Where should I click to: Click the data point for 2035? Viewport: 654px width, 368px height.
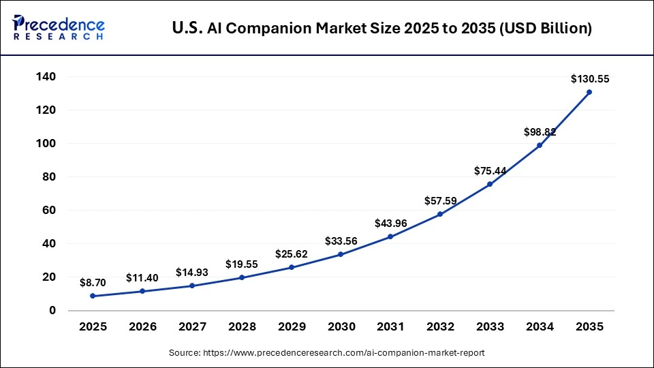click(589, 92)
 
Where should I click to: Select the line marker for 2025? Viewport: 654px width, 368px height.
click(93, 296)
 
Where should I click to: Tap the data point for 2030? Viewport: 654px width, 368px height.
click(341, 254)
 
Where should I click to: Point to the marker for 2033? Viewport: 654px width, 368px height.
click(490, 184)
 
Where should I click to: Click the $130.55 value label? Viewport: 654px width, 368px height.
click(590, 79)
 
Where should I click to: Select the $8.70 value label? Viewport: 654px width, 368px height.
click(93, 281)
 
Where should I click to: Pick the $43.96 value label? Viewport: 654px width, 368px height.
click(390, 223)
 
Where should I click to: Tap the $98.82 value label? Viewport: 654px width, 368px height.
click(540, 132)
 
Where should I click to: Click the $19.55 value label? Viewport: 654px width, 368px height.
click(242, 264)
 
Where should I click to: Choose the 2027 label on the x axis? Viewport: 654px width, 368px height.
click(192, 327)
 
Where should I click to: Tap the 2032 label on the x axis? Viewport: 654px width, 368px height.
click(440, 327)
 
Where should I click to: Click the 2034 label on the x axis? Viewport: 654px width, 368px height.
click(540, 327)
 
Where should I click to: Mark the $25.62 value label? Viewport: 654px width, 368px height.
click(292, 254)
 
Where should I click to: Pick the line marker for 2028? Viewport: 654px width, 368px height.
click(242, 277)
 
